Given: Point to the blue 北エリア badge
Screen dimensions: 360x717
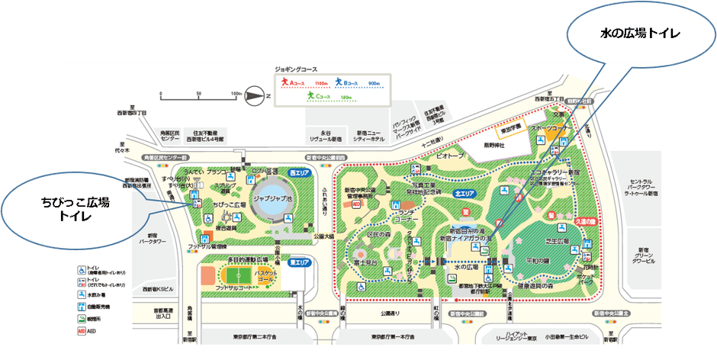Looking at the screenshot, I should tap(465, 194).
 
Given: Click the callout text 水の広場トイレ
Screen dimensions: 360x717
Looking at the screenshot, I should tap(640, 34).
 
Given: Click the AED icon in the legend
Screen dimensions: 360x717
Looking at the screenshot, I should tap(82, 332).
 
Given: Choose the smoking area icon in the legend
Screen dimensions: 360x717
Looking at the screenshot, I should tap(82, 319).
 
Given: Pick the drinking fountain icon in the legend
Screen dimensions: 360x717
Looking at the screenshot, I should tap(82, 294).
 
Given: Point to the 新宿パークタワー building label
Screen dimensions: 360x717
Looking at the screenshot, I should tap(157, 239).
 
